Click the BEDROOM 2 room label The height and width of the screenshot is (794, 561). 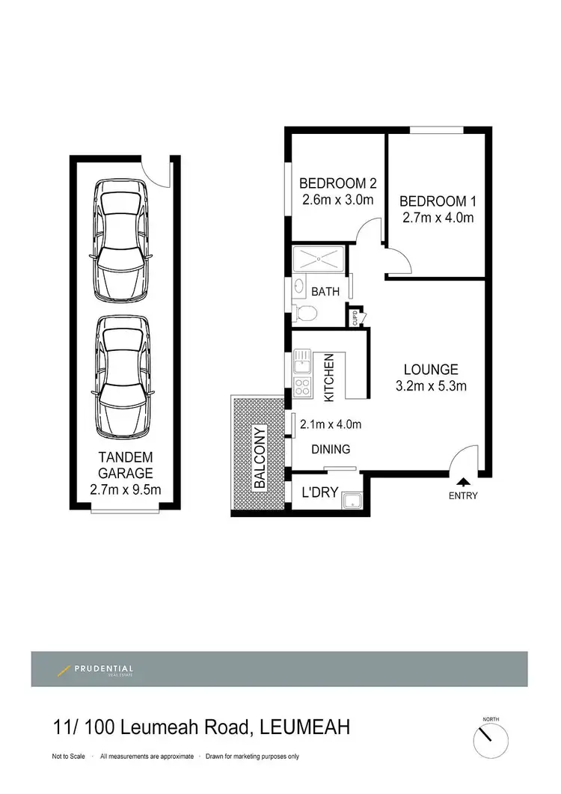point(337,183)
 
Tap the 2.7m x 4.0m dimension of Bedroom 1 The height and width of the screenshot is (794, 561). point(437,218)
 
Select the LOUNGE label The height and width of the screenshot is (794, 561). point(431,369)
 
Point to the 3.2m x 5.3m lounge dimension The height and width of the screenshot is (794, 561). point(431,386)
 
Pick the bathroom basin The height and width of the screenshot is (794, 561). point(298,286)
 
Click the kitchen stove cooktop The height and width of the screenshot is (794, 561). point(302,387)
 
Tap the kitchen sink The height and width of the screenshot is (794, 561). point(301,361)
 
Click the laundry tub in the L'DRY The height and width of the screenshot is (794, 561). point(351,499)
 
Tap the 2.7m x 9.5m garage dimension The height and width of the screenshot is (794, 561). point(126,491)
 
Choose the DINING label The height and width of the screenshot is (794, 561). point(331,449)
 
